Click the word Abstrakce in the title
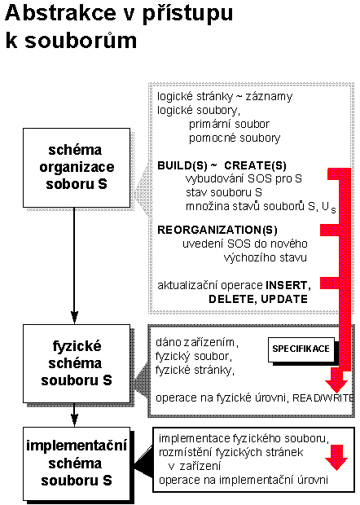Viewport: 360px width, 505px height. click(60, 13)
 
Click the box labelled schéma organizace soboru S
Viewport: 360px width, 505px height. click(77, 168)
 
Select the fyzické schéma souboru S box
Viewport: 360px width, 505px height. click(77, 363)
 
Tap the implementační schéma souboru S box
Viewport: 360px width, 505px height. click(77, 463)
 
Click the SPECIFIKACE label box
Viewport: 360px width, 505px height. click(301, 349)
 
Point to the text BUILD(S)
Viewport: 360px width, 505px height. click(182, 165)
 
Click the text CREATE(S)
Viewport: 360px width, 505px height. click(256, 165)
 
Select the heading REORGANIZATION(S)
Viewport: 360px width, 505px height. click(217, 230)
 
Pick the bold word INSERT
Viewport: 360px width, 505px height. click(288, 286)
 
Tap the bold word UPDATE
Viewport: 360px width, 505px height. click(284, 299)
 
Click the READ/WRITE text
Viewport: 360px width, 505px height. click(323, 398)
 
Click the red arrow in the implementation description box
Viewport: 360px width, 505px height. click(336, 457)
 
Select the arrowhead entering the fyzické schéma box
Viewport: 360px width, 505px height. click(74, 318)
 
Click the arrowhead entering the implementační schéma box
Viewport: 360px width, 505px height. click(74, 420)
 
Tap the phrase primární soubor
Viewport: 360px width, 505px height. click(229, 124)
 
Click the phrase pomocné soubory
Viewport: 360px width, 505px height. click(235, 138)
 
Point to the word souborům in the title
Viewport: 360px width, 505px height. click(81, 41)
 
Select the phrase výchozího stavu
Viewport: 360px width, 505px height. click(265, 257)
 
